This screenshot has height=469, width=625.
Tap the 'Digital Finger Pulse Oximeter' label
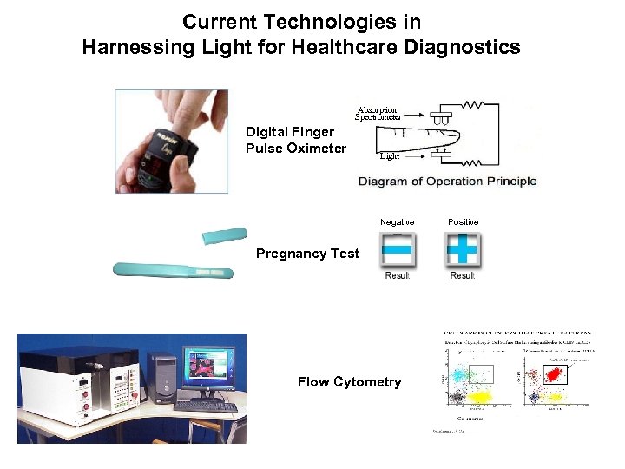tap(295, 140)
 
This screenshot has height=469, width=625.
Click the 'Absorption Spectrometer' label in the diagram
tap(378, 113)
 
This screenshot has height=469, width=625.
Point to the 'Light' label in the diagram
tap(390, 156)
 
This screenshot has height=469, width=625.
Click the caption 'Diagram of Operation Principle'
tap(448, 182)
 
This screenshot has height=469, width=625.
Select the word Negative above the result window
tap(398, 222)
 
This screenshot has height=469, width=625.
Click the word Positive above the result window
tap(463, 222)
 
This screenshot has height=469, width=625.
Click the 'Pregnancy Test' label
tap(307, 254)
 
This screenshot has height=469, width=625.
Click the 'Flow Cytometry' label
tap(349, 382)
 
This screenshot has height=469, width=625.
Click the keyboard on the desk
tap(206, 406)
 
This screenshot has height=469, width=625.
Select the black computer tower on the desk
tap(161, 379)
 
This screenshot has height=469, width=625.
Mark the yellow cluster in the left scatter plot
tap(478, 398)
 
